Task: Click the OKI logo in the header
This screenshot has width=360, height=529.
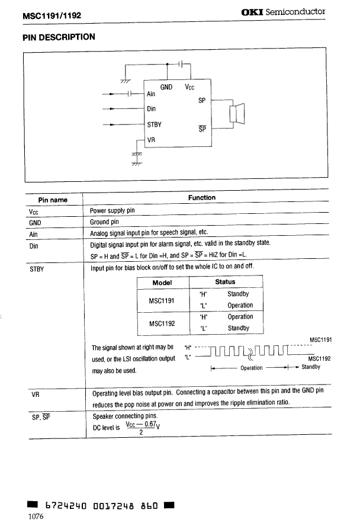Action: (253, 11)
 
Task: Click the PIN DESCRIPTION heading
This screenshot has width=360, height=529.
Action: (59, 37)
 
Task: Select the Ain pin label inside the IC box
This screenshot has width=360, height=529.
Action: (151, 94)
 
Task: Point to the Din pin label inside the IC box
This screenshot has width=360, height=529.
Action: (151, 108)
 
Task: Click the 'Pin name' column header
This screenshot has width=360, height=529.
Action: (53, 200)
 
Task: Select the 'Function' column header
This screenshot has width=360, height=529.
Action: (202, 197)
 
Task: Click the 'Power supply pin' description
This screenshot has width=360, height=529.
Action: (112, 211)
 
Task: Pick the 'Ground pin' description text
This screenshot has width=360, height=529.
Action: (104, 222)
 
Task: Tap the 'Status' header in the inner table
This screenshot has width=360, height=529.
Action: (225, 282)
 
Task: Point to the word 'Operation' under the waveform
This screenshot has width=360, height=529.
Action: (251, 368)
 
